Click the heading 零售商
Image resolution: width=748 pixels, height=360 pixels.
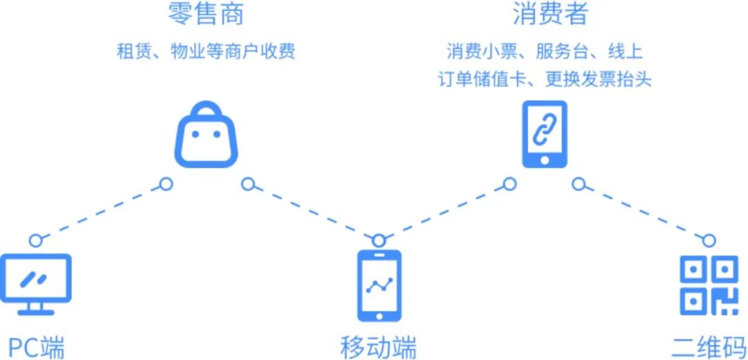(206, 14)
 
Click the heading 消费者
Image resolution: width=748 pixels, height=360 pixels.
(544, 14)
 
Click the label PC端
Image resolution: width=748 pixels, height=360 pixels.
(36, 346)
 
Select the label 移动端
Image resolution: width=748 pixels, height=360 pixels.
(378, 346)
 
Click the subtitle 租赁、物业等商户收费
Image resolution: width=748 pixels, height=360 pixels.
(206, 51)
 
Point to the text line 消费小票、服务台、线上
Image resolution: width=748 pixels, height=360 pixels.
(544, 51)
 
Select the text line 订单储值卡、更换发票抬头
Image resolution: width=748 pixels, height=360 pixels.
(544, 78)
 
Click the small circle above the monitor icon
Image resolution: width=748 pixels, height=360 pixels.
(35, 240)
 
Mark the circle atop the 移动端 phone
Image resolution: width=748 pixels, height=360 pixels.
(378, 240)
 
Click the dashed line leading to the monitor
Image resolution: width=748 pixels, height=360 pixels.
(100, 212)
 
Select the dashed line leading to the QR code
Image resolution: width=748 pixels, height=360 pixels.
(644, 212)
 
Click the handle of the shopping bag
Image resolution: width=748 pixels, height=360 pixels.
(206, 111)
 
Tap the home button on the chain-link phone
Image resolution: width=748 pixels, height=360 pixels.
(544, 160)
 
